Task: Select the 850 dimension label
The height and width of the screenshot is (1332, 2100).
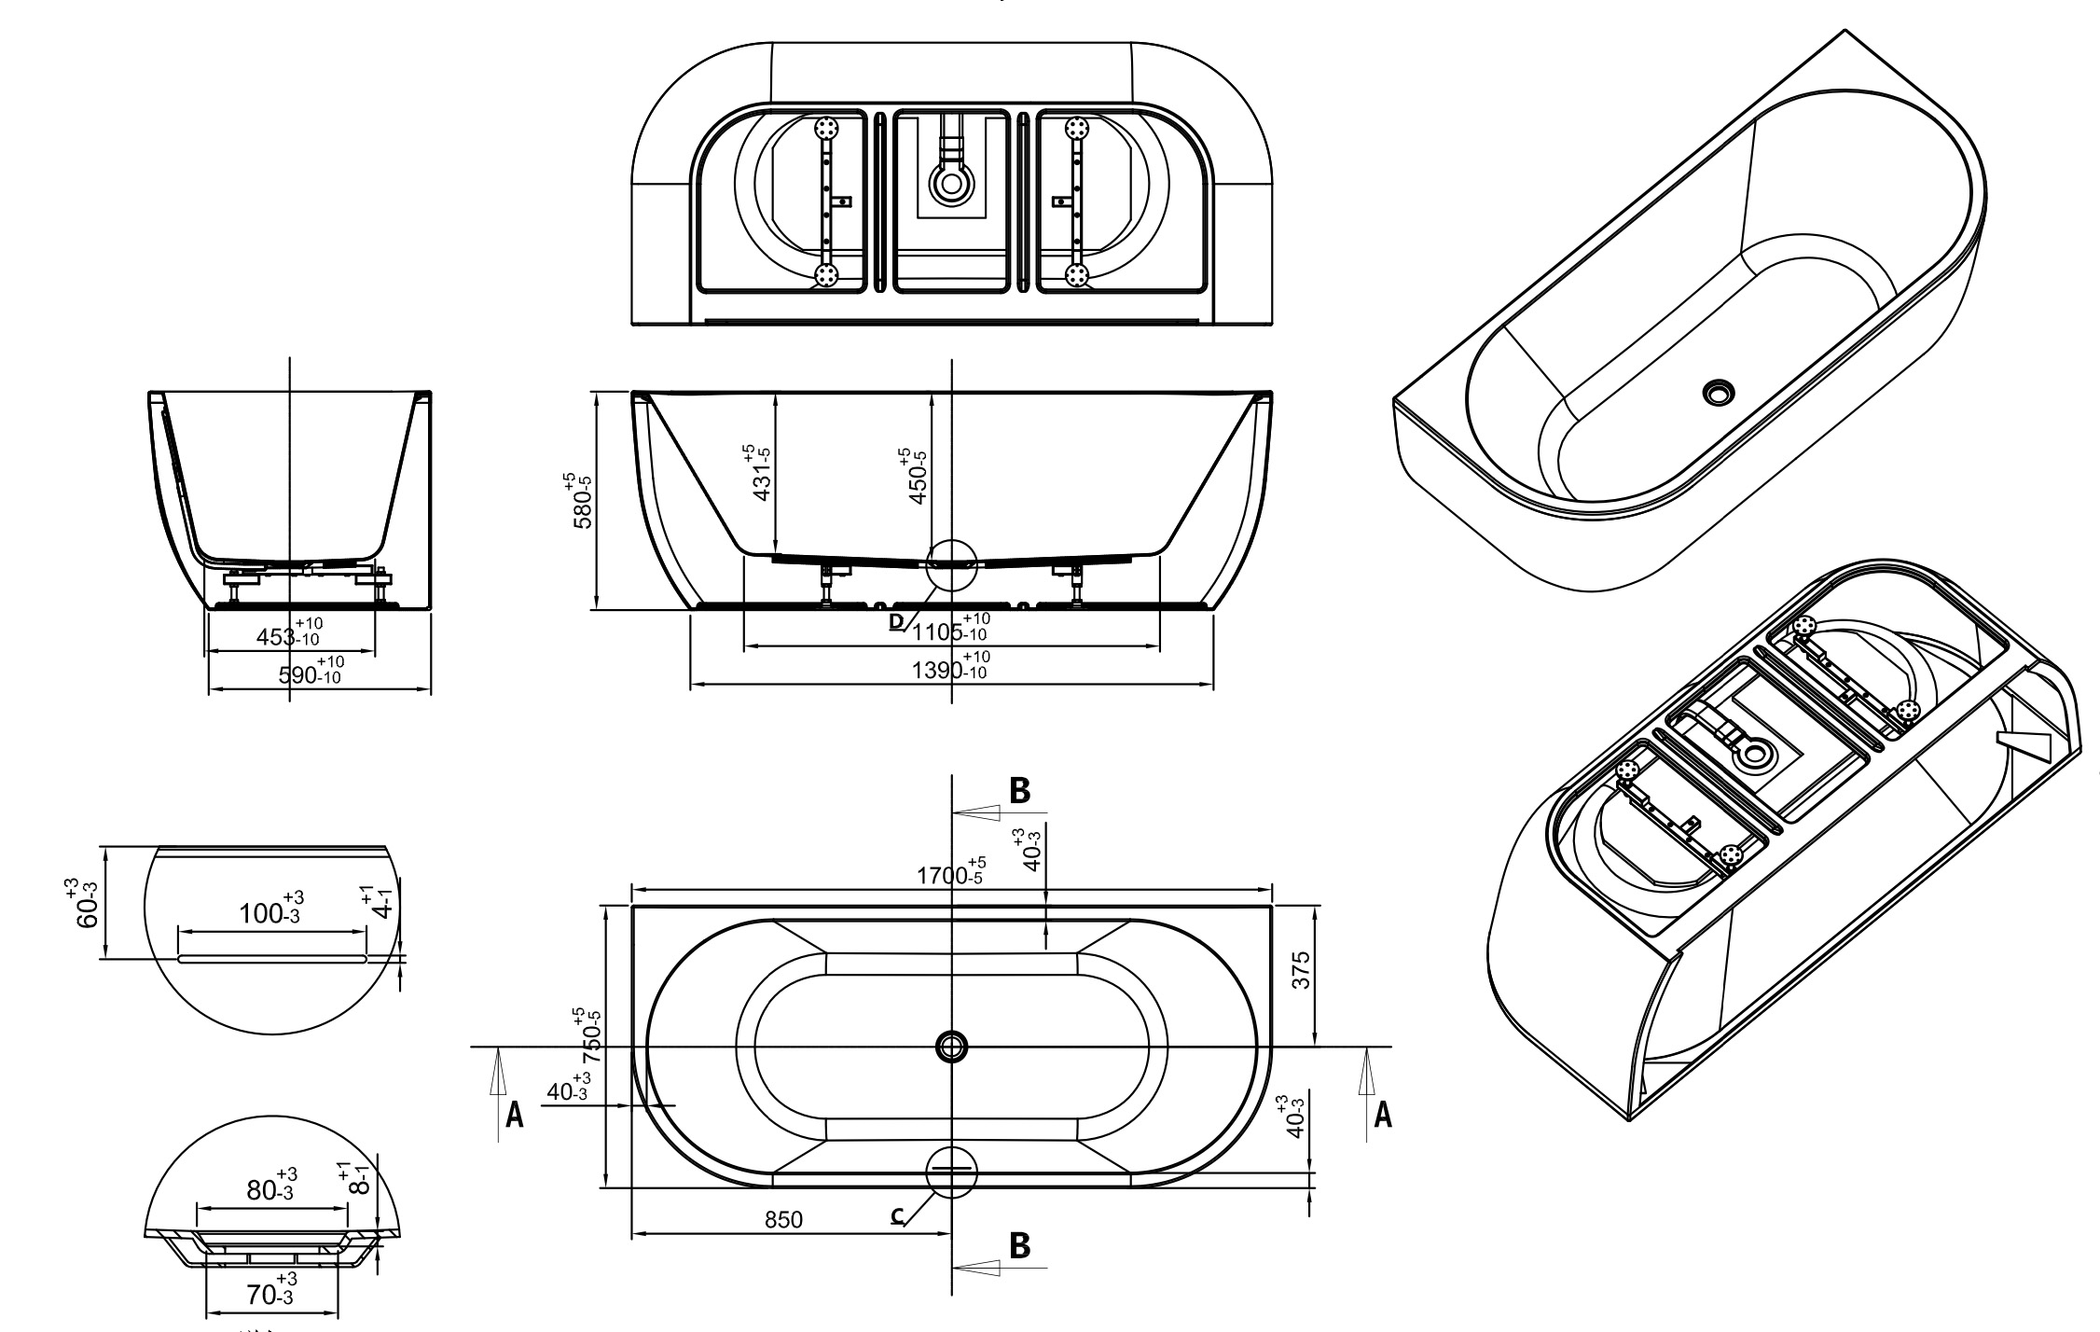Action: click(x=783, y=1219)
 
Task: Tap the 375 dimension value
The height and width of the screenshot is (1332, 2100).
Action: click(x=1303, y=970)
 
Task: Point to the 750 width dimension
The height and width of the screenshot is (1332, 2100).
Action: click(x=591, y=1039)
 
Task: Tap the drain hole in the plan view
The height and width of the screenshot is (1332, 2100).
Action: click(x=950, y=1047)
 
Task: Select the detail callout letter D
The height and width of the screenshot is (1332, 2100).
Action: click(x=896, y=621)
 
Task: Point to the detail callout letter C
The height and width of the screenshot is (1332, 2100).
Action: click(x=897, y=1215)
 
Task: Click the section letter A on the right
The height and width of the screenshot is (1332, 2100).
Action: click(x=1383, y=1114)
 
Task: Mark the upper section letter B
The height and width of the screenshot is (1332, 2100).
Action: click(x=1020, y=791)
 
